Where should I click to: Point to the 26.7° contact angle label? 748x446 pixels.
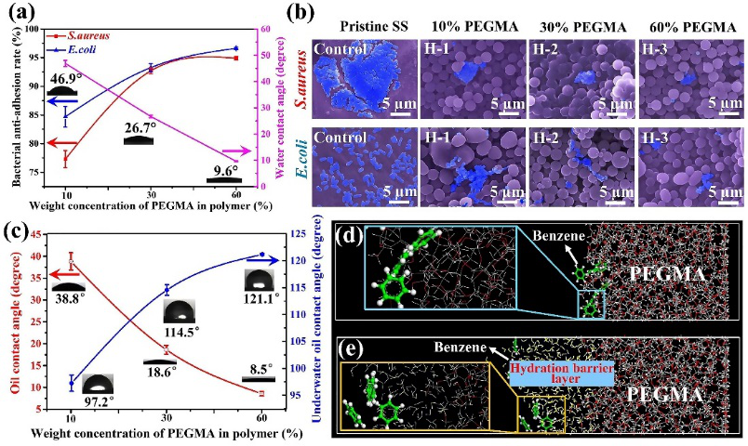(x=144, y=125)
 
